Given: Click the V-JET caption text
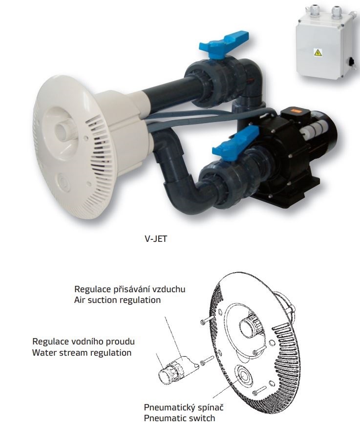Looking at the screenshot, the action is pyautogui.click(x=155, y=239).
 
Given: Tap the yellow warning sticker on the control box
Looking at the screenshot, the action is pyautogui.click(x=318, y=52).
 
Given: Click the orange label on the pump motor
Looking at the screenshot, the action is pyautogui.click(x=291, y=110).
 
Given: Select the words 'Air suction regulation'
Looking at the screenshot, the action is pyautogui.click(x=117, y=300).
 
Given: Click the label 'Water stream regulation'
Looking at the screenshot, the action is pyautogui.click(x=82, y=352).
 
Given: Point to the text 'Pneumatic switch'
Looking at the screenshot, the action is pyautogui.click(x=179, y=418).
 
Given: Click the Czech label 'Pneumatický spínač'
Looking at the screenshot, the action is pyautogui.click(x=184, y=407).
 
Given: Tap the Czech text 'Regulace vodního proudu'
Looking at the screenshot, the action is pyautogui.click(x=83, y=342).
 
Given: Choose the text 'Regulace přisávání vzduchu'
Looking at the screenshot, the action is pyautogui.click(x=129, y=289).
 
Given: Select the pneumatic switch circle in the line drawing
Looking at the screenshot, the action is pyautogui.click(x=244, y=376).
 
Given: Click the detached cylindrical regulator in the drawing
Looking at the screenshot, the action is pyautogui.click(x=178, y=369).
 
